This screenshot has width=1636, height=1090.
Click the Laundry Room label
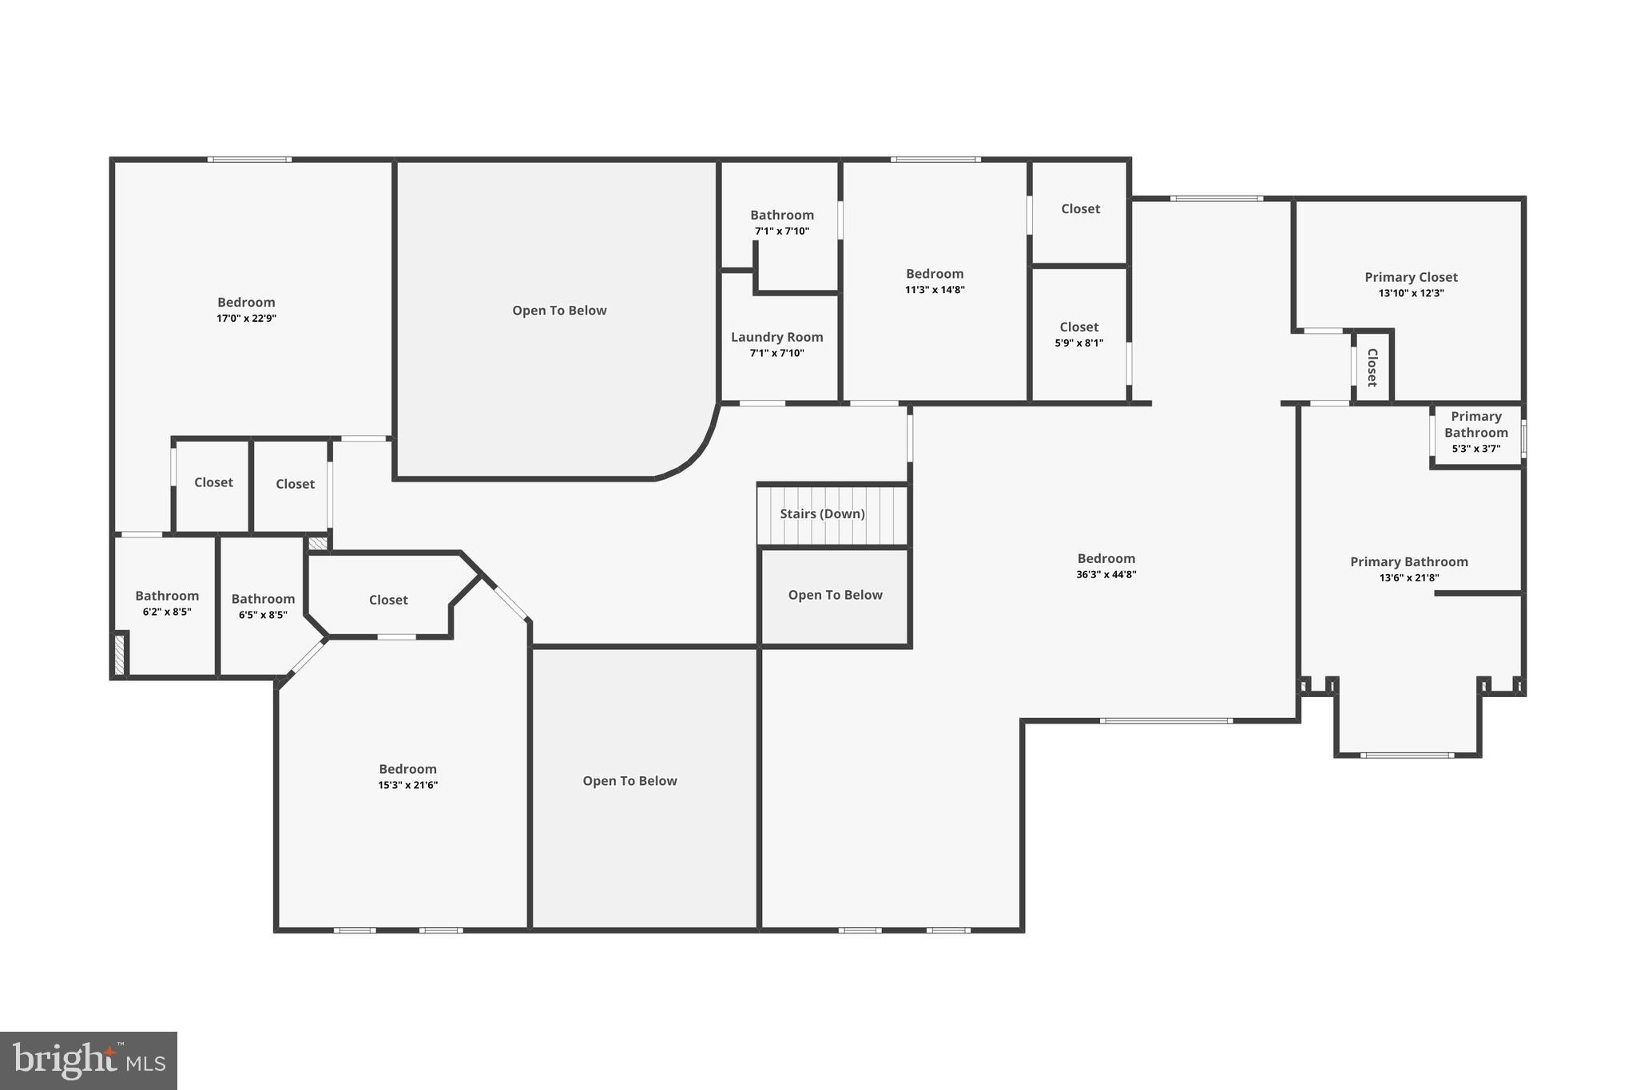point(776,337)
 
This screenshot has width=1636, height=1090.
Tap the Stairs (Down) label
point(822,513)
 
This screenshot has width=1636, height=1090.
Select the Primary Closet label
point(1411,277)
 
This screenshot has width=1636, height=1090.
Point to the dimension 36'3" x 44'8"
point(1106,574)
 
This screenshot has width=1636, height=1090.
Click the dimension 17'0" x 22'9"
point(246,318)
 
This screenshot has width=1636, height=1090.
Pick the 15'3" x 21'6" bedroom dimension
point(407,785)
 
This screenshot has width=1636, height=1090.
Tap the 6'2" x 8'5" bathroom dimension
point(167,612)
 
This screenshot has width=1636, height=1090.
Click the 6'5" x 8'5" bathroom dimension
point(263,615)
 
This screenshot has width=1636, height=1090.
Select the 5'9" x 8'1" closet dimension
point(1078,343)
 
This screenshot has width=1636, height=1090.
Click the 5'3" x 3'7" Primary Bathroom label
point(1475,425)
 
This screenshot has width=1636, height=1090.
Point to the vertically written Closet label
point(1372,367)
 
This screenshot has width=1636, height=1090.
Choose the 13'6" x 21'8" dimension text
point(1409,577)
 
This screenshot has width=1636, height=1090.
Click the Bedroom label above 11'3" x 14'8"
point(935,274)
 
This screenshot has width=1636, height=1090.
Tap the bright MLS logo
point(89,1060)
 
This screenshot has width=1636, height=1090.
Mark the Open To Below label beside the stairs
point(835,595)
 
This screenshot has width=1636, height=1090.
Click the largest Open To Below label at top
point(559,311)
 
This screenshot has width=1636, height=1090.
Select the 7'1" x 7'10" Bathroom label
point(781,215)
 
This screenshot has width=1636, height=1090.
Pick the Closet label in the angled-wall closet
point(388,600)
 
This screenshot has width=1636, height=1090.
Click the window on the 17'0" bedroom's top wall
point(249,160)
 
